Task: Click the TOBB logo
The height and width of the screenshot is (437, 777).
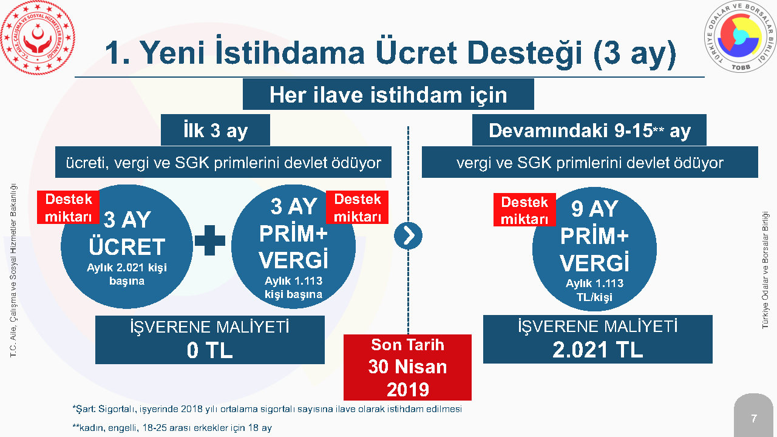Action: (740, 36)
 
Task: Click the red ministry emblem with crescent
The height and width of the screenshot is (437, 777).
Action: (38, 38)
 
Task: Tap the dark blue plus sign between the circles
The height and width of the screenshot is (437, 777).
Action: (210, 240)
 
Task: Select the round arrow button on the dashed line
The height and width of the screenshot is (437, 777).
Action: (408, 236)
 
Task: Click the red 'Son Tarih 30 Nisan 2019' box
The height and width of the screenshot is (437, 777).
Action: (407, 367)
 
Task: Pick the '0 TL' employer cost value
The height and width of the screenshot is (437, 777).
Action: (209, 350)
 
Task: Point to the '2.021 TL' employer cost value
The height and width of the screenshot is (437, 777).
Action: (597, 349)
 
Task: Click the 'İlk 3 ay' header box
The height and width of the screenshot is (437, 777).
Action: (215, 130)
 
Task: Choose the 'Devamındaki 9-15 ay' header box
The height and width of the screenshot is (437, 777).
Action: (589, 130)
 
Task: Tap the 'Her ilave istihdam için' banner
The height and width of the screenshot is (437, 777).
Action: (388, 94)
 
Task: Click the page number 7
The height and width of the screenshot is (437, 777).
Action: (754, 418)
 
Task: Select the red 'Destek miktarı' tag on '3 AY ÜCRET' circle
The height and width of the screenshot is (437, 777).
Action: (69, 208)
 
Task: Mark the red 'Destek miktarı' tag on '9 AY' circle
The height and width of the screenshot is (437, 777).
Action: (524, 210)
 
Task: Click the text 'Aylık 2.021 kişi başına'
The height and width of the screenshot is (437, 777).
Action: (127, 274)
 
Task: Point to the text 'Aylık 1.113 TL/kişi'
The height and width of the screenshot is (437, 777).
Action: (594, 290)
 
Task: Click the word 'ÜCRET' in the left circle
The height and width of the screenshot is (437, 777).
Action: (127, 246)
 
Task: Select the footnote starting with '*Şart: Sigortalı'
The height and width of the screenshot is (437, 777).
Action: (267, 409)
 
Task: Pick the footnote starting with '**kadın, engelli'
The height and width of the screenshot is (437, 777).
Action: (172, 428)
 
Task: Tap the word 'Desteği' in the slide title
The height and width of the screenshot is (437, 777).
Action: (524, 53)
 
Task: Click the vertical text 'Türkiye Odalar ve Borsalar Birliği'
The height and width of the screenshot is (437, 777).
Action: (765, 270)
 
